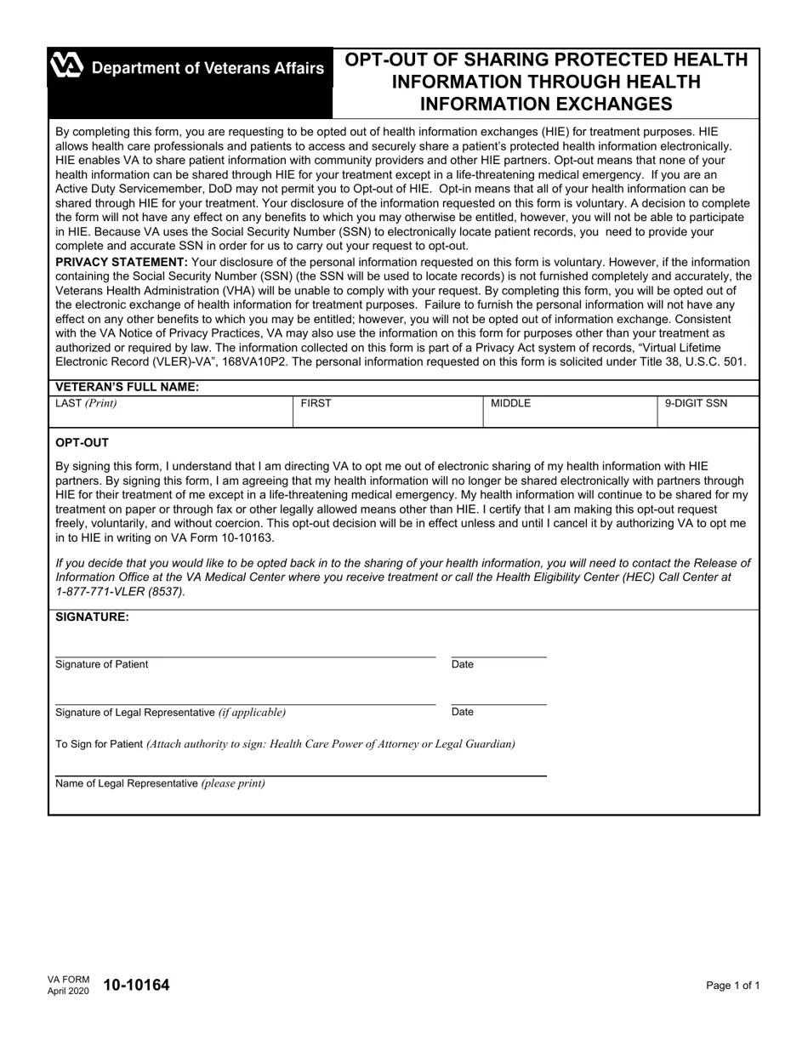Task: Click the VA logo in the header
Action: (x=66, y=66)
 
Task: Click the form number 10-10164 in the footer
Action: (x=136, y=986)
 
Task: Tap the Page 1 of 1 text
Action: (x=732, y=986)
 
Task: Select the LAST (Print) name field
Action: (x=170, y=415)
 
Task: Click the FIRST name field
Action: (x=388, y=415)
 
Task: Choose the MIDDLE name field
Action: (x=570, y=415)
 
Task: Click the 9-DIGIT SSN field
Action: (x=708, y=415)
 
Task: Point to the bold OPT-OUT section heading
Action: (x=82, y=443)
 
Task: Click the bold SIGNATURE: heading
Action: (x=92, y=617)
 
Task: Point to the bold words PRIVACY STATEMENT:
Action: (x=122, y=262)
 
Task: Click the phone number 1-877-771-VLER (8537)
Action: (x=120, y=591)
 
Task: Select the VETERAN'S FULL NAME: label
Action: (x=128, y=387)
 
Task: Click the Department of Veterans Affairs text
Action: (x=208, y=68)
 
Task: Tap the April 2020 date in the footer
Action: (x=68, y=992)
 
